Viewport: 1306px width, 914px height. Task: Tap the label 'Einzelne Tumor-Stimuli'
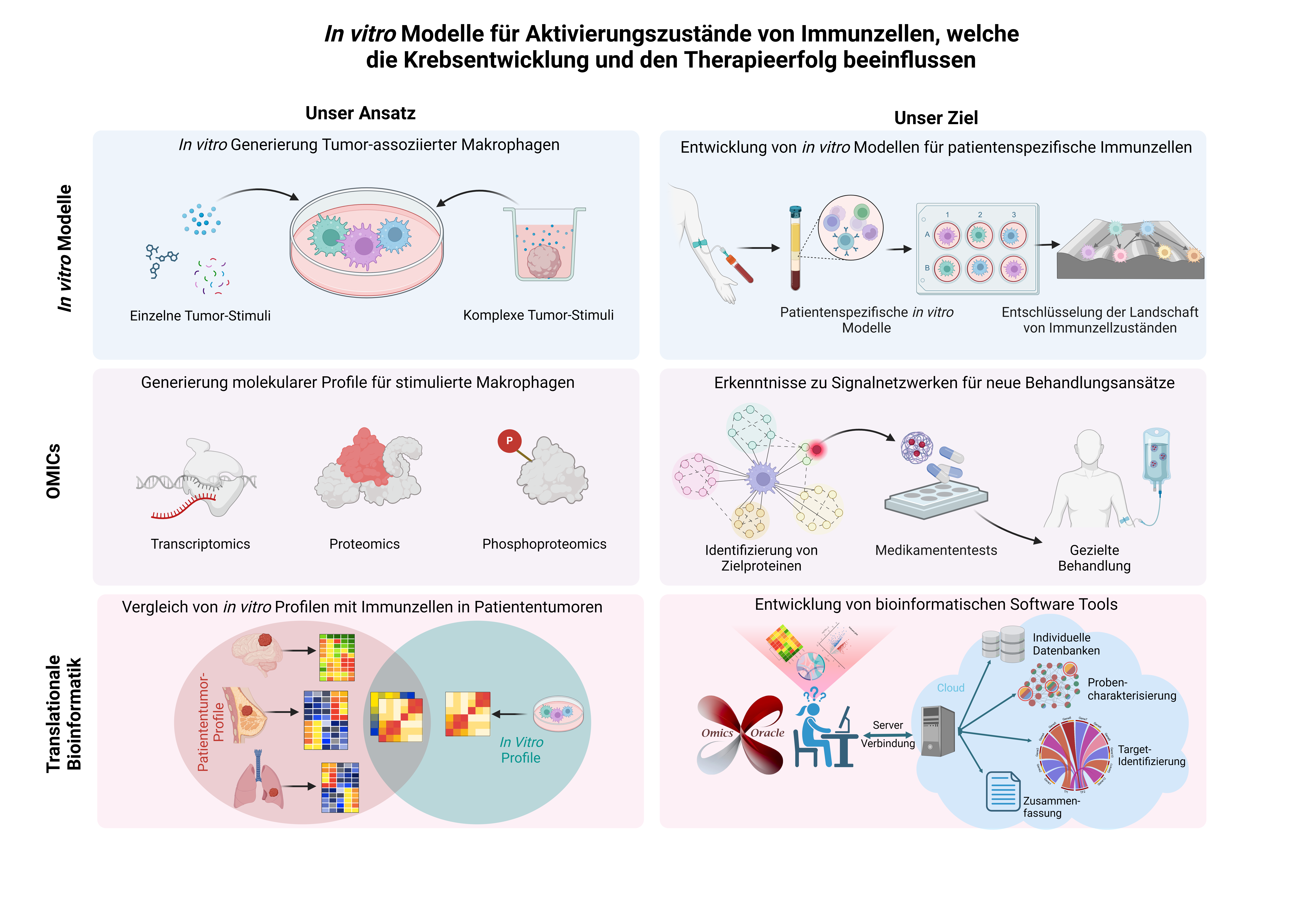(x=200, y=316)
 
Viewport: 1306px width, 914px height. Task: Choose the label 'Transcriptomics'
(x=200, y=544)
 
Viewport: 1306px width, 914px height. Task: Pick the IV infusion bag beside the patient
(x=1156, y=455)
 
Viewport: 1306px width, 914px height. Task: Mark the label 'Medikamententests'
(x=936, y=551)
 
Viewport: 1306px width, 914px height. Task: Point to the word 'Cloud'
(x=950, y=688)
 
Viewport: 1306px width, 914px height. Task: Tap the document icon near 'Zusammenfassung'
(x=1002, y=791)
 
